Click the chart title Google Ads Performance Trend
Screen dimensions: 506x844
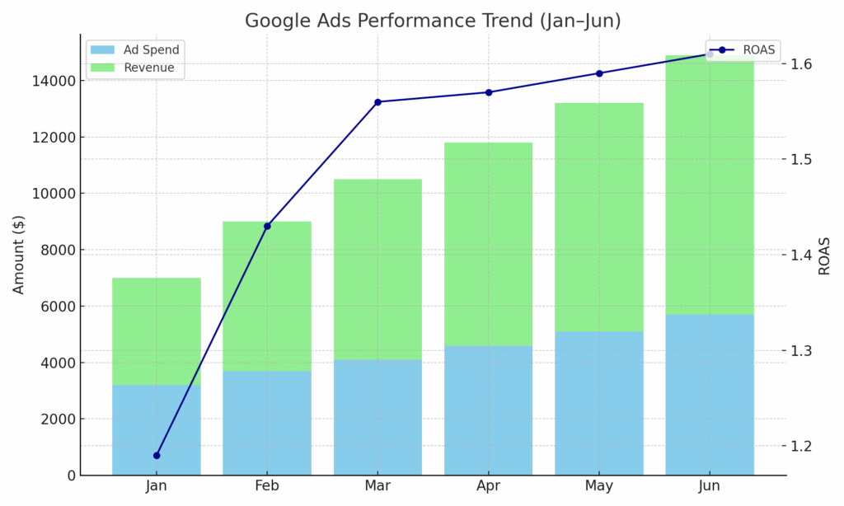pos(433,21)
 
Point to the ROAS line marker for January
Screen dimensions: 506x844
pos(157,455)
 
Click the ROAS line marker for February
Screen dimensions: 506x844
pos(267,226)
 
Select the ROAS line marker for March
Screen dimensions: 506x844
pos(377,102)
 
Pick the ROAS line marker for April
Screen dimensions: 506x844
pos(488,92)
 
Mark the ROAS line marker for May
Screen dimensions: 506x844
pos(599,73)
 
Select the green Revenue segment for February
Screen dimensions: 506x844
pos(267,296)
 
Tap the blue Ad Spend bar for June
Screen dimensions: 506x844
pos(710,395)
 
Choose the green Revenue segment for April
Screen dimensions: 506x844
pos(488,244)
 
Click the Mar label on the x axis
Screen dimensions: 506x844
pos(377,486)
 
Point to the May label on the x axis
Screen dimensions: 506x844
pos(599,486)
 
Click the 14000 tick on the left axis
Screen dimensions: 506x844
pos(51,81)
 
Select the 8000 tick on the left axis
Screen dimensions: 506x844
pos(54,250)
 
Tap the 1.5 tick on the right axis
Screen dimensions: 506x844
pos(800,159)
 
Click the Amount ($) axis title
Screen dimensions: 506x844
pos(19,254)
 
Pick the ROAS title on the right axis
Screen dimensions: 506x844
pos(825,255)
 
